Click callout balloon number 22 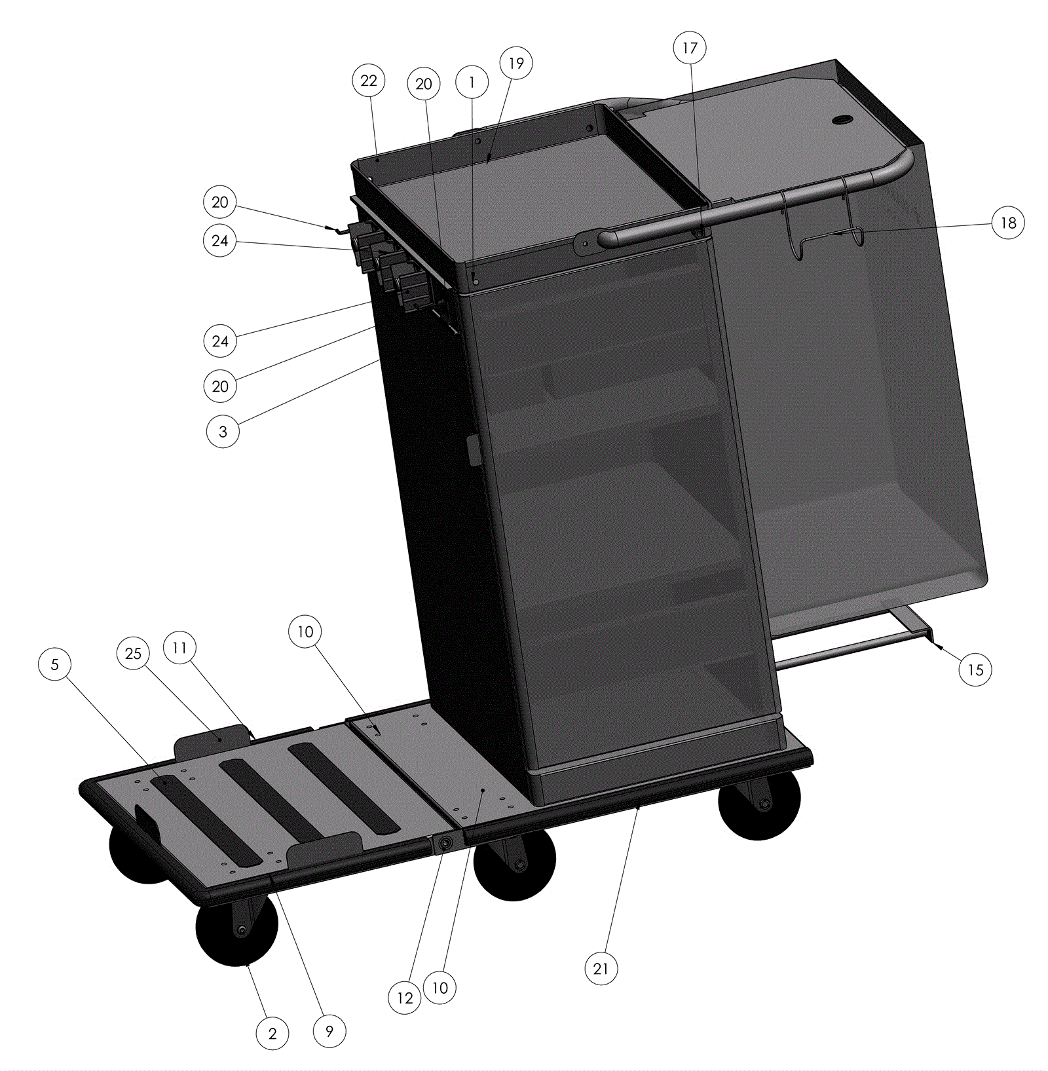pos(369,81)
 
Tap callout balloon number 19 pos(516,63)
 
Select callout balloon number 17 pos(690,48)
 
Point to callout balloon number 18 pos(1008,223)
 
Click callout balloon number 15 pos(975,669)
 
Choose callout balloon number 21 pos(601,969)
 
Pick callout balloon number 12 pos(405,998)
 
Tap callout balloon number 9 pos(329,1031)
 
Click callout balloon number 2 pos(272,1034)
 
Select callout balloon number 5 pos(55,664)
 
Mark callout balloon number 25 pos(133,653)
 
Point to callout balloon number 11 pos(179,647)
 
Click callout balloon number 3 pos(223,431)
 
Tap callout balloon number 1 pos(472,82)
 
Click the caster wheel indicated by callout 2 pos(237,929)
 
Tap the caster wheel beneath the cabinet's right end pos(759,804)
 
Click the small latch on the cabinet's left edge pos(474,450)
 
